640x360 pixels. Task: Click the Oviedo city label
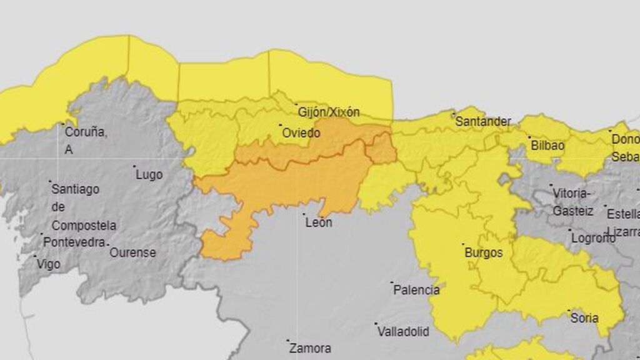(x=301, y=133)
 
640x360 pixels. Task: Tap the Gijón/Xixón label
(x=329, y=112)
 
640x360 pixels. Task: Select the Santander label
(x=483, y=121)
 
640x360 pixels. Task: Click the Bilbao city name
(x=547, y=145)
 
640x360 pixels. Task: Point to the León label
(x=318, y=222)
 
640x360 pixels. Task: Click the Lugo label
(x=149, y=174)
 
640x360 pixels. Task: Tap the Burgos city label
(x=484, y=252)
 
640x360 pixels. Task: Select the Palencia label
(x=417, y=290)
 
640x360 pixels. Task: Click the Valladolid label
(x=404, y=331)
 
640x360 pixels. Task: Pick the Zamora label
(x=311, y=348)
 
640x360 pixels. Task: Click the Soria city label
(x=584, y=317)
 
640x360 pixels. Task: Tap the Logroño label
(x=594, y=238)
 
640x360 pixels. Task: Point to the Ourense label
(x=132, y=252)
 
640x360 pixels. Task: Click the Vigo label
(x=49, y=264)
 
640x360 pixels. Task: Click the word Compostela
(x=84, y=225)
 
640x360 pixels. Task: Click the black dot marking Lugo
(x=134, y=166)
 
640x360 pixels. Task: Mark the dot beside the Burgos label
(x=463, y=244)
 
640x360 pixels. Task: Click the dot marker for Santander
(x=454, y=114)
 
